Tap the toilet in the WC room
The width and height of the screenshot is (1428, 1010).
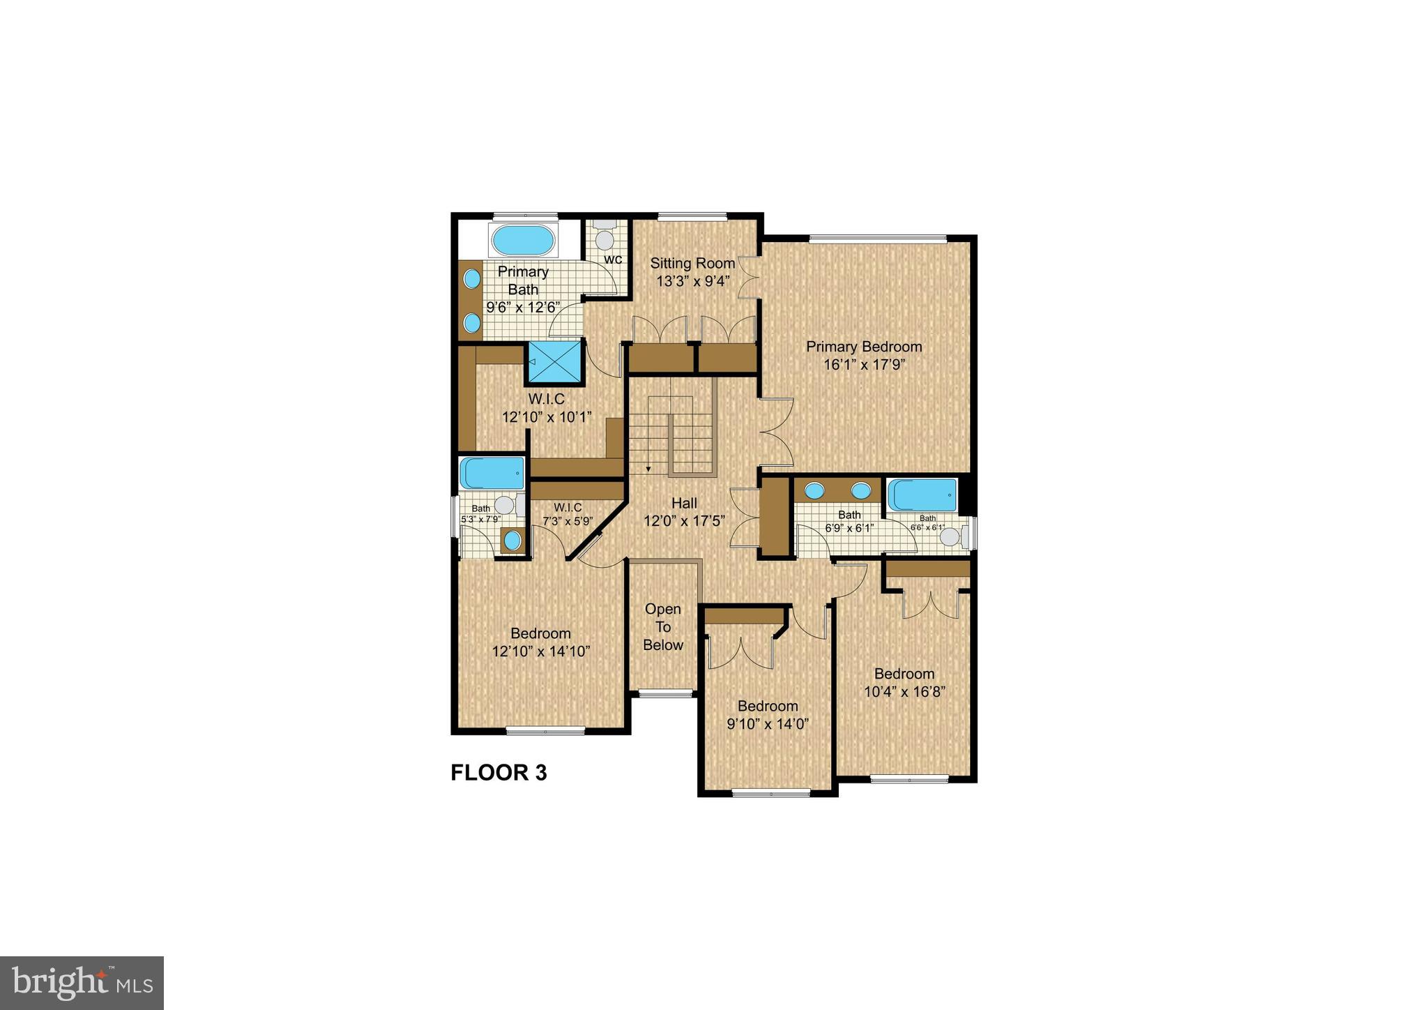click(605, 239)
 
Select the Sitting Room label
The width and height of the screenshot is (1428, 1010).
click(692, 263)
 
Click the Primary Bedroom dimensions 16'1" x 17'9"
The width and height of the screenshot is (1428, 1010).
click(864, 364)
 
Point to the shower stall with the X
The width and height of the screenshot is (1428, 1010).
click(554, 361)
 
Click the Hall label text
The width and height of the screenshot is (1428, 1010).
click(684, 503)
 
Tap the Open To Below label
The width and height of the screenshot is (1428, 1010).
click(662, 626)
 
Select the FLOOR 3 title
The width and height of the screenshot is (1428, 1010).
click(499, 773)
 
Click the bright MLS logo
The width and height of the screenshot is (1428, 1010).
click(82, 983)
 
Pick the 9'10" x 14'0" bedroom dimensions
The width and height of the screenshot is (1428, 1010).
click(768, 724)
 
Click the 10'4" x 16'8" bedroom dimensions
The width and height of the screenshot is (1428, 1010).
click(904, 692)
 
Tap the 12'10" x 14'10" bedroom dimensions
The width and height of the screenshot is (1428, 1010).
click(541, 651)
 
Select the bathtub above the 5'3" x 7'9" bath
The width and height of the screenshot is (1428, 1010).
click(492, 473)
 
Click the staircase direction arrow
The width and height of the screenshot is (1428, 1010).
click(648, 469)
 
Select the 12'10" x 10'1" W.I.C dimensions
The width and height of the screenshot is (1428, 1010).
click(547, 417)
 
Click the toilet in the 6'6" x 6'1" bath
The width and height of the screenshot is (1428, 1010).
click(950, 536)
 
